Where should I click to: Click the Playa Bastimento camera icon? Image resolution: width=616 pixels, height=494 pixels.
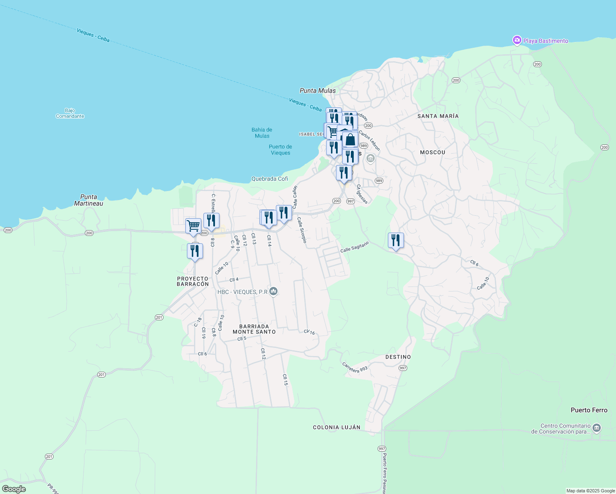[x=517, y=40]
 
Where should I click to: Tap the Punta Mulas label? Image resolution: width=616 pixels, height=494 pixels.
[x=317, y=91]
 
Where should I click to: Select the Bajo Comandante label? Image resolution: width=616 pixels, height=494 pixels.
[x=70, y=113]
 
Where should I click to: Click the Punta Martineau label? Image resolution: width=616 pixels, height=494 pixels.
[x=89, y=200]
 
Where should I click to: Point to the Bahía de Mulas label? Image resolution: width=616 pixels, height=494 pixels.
[x=262, y=133]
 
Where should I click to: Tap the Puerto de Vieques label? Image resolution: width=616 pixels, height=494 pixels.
[x=280, y=149]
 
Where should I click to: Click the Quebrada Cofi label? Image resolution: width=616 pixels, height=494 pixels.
[x=270, y=179]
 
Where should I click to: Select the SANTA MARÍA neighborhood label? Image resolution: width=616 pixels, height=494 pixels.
[x=438, y=116]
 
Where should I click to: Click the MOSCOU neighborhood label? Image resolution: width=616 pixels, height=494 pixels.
[x=432, y=152]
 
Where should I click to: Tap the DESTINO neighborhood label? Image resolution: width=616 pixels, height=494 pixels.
[x=398, y=357]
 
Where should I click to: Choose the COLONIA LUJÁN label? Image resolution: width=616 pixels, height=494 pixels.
[x=336, y=427]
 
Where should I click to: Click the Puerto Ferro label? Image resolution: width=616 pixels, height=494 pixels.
[x=589, y=410]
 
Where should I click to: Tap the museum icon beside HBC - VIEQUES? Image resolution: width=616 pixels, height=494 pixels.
[x=273, y=291]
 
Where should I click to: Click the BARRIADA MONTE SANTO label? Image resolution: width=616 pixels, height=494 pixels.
[x=254, y=329]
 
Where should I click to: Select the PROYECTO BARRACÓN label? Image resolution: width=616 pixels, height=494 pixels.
[x=193, y=281]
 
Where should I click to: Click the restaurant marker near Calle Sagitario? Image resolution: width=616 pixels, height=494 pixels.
[x=396, y=240]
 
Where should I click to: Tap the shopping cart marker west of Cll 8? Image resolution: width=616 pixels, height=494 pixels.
[x=193, y=226]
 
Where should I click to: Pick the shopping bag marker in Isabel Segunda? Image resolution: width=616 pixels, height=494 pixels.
[x=350, y=140]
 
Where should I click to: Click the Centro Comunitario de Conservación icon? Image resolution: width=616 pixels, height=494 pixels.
[x=597, y=429]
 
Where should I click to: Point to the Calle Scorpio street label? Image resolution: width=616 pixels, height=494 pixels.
[x=302, y=230]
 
